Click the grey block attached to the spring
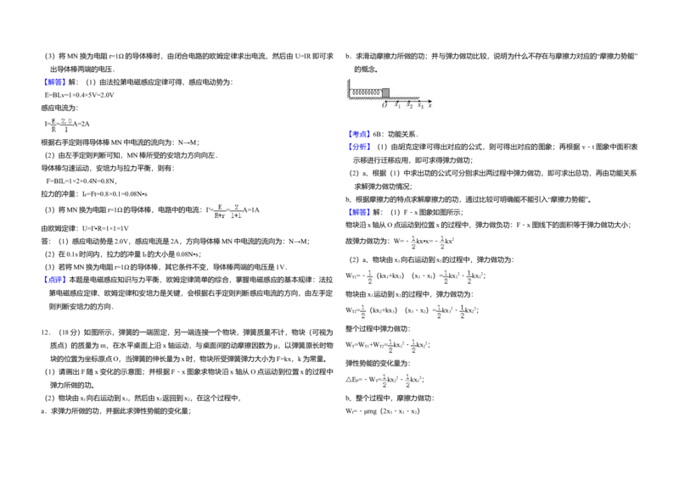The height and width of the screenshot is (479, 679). pos(385,92)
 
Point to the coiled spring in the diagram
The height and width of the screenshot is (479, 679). pos(367,92)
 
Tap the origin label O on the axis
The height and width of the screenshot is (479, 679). pos(384,105)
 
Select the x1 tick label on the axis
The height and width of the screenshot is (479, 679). pos(398,105)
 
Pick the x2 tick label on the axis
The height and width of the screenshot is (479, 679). pos(410,105)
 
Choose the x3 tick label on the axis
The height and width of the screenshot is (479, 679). pos(421,105)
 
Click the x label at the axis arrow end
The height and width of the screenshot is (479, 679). pos(430,105)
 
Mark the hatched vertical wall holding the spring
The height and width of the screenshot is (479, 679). pos(347,89)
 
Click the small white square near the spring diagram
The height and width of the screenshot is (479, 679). pos(424,139)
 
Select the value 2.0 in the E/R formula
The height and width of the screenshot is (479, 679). pos(67,121)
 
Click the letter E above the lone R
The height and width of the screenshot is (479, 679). pos(53,121)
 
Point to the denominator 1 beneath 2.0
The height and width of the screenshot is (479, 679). pos(66,131)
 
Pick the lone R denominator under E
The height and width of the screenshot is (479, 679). pos(53,131)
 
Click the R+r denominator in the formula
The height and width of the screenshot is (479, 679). pos(220,216)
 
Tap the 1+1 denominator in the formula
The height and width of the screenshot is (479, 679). pos(236,216)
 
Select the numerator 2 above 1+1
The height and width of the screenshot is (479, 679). pos(236,206)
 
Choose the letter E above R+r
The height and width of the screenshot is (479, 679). pos(220,206)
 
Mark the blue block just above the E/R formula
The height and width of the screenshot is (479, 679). pos(54,81)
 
